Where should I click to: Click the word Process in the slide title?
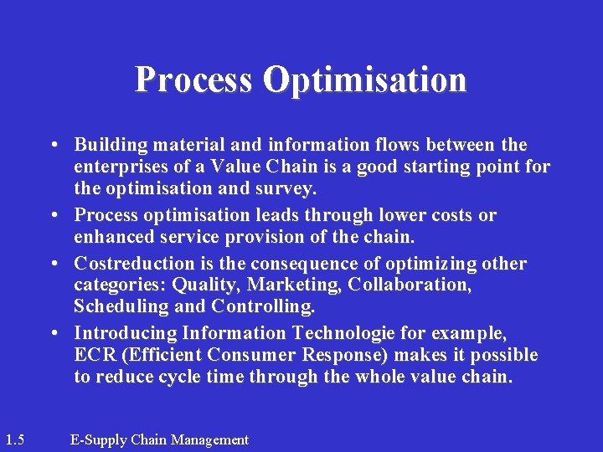pyautogui.click(x=193, y=80)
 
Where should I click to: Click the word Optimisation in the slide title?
pyautogui.click(x=364, y=80)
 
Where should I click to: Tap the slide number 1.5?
pyautogui.click(x=13, y=439)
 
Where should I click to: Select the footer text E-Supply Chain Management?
pyautogui.click(x=159, y=439)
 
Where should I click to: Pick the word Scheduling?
pyautogui.click(x=121, y=306)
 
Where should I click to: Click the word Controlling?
pyautogui.click(x=263, y=306)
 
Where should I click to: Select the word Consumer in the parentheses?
pyautogui.click(x=255, y=356)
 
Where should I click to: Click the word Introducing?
pyautogui.click(x=126, y=334)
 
